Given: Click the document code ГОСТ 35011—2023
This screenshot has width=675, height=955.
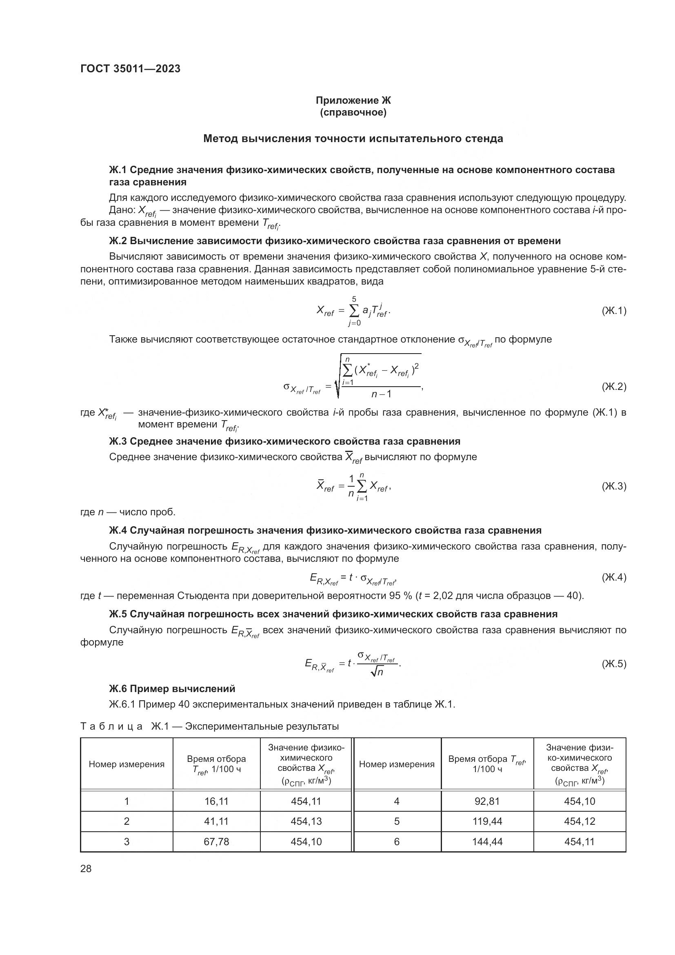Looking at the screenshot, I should [131, 69].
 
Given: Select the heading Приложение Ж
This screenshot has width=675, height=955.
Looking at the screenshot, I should [353, 100].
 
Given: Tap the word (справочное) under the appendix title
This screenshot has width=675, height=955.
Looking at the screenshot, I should [353, 113].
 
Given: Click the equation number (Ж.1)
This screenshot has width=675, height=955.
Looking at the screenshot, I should [613, 310].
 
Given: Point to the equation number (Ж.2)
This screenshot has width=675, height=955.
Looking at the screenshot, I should [613, 386].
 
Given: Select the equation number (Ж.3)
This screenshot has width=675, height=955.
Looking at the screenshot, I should [613, 486].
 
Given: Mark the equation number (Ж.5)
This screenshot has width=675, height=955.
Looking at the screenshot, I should [613, 664].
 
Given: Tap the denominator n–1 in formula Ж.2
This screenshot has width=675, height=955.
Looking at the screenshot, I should [381, 394].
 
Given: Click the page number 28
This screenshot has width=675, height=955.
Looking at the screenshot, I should [86, 868].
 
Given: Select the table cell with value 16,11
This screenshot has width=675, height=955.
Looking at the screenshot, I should [216, 801].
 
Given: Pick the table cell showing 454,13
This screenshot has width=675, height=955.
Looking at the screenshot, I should [306, 821].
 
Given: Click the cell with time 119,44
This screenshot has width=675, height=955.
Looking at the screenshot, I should [487, 821].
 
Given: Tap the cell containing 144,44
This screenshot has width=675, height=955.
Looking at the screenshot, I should [487, 841].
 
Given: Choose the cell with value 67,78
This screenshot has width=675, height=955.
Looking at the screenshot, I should [216, 841].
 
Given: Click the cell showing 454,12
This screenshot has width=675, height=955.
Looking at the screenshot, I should [580, 821].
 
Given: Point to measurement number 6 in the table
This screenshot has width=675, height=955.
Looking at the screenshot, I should [397, 841].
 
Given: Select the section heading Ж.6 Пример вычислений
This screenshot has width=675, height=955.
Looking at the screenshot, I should [172, 689].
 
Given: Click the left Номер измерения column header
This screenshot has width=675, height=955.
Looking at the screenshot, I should [127, 764].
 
